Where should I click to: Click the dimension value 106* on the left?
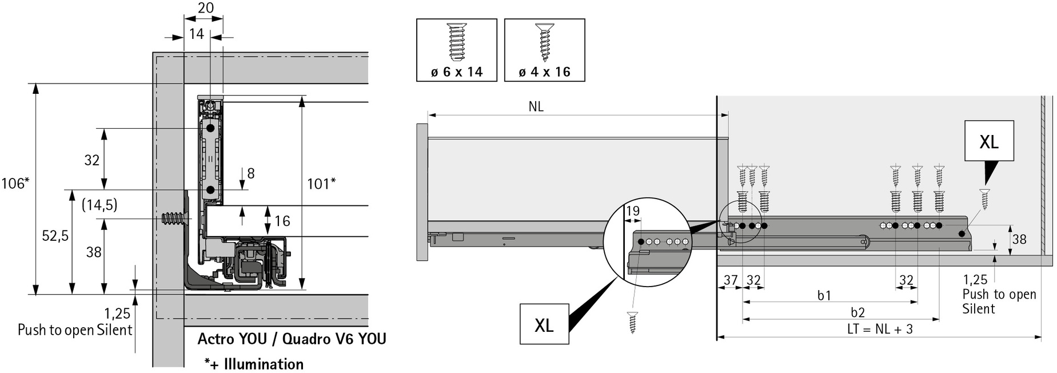pyautogui.click(x=15, y=183)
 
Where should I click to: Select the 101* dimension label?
pyautogui.click(x=321, y=184)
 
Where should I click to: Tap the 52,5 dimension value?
pyautogui.click(x=55, y=236)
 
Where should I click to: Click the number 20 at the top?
pyautogui.click(x=205, y=8)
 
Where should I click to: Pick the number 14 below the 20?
pyautogui.click(x=196, y=34)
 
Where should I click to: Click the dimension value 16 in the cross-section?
pyautogui.click(x=282, y=221)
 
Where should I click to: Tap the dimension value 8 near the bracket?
pyautogui.click(x=250, y=173)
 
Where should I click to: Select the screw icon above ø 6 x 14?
pyautogui.click(x=456, y=42)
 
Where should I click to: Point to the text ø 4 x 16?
pyautogui.click(x=544, y=72)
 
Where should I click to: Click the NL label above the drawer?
pyautogui.click(x=536, y=107)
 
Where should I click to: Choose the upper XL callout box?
pyautogui.click(x=989, y=141)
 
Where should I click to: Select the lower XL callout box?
pyautogui.click(x=544, y=324)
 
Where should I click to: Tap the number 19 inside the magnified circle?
pyautogui.click(x=632, y=212)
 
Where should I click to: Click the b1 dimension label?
pyautogui.click(x=824, y=295)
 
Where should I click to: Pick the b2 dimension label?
pyautogui.click(x=857, y=312)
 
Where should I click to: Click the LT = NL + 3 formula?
pyautogui.click(x=880, y=330)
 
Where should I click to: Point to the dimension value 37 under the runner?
pyautogui.click(x=730, y=280)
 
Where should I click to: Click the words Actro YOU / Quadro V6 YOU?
pyautogui.click(x=292, y=339)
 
